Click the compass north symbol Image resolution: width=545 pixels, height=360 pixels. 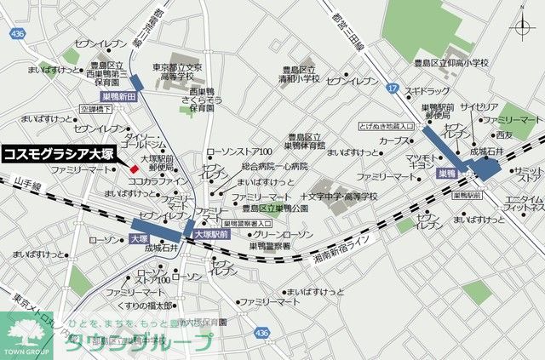coord(520,28)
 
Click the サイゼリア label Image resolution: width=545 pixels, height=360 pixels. coord(479,107)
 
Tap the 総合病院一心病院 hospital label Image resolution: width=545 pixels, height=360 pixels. coord(272,167)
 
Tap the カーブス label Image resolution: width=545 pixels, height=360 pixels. coord(394,140)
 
